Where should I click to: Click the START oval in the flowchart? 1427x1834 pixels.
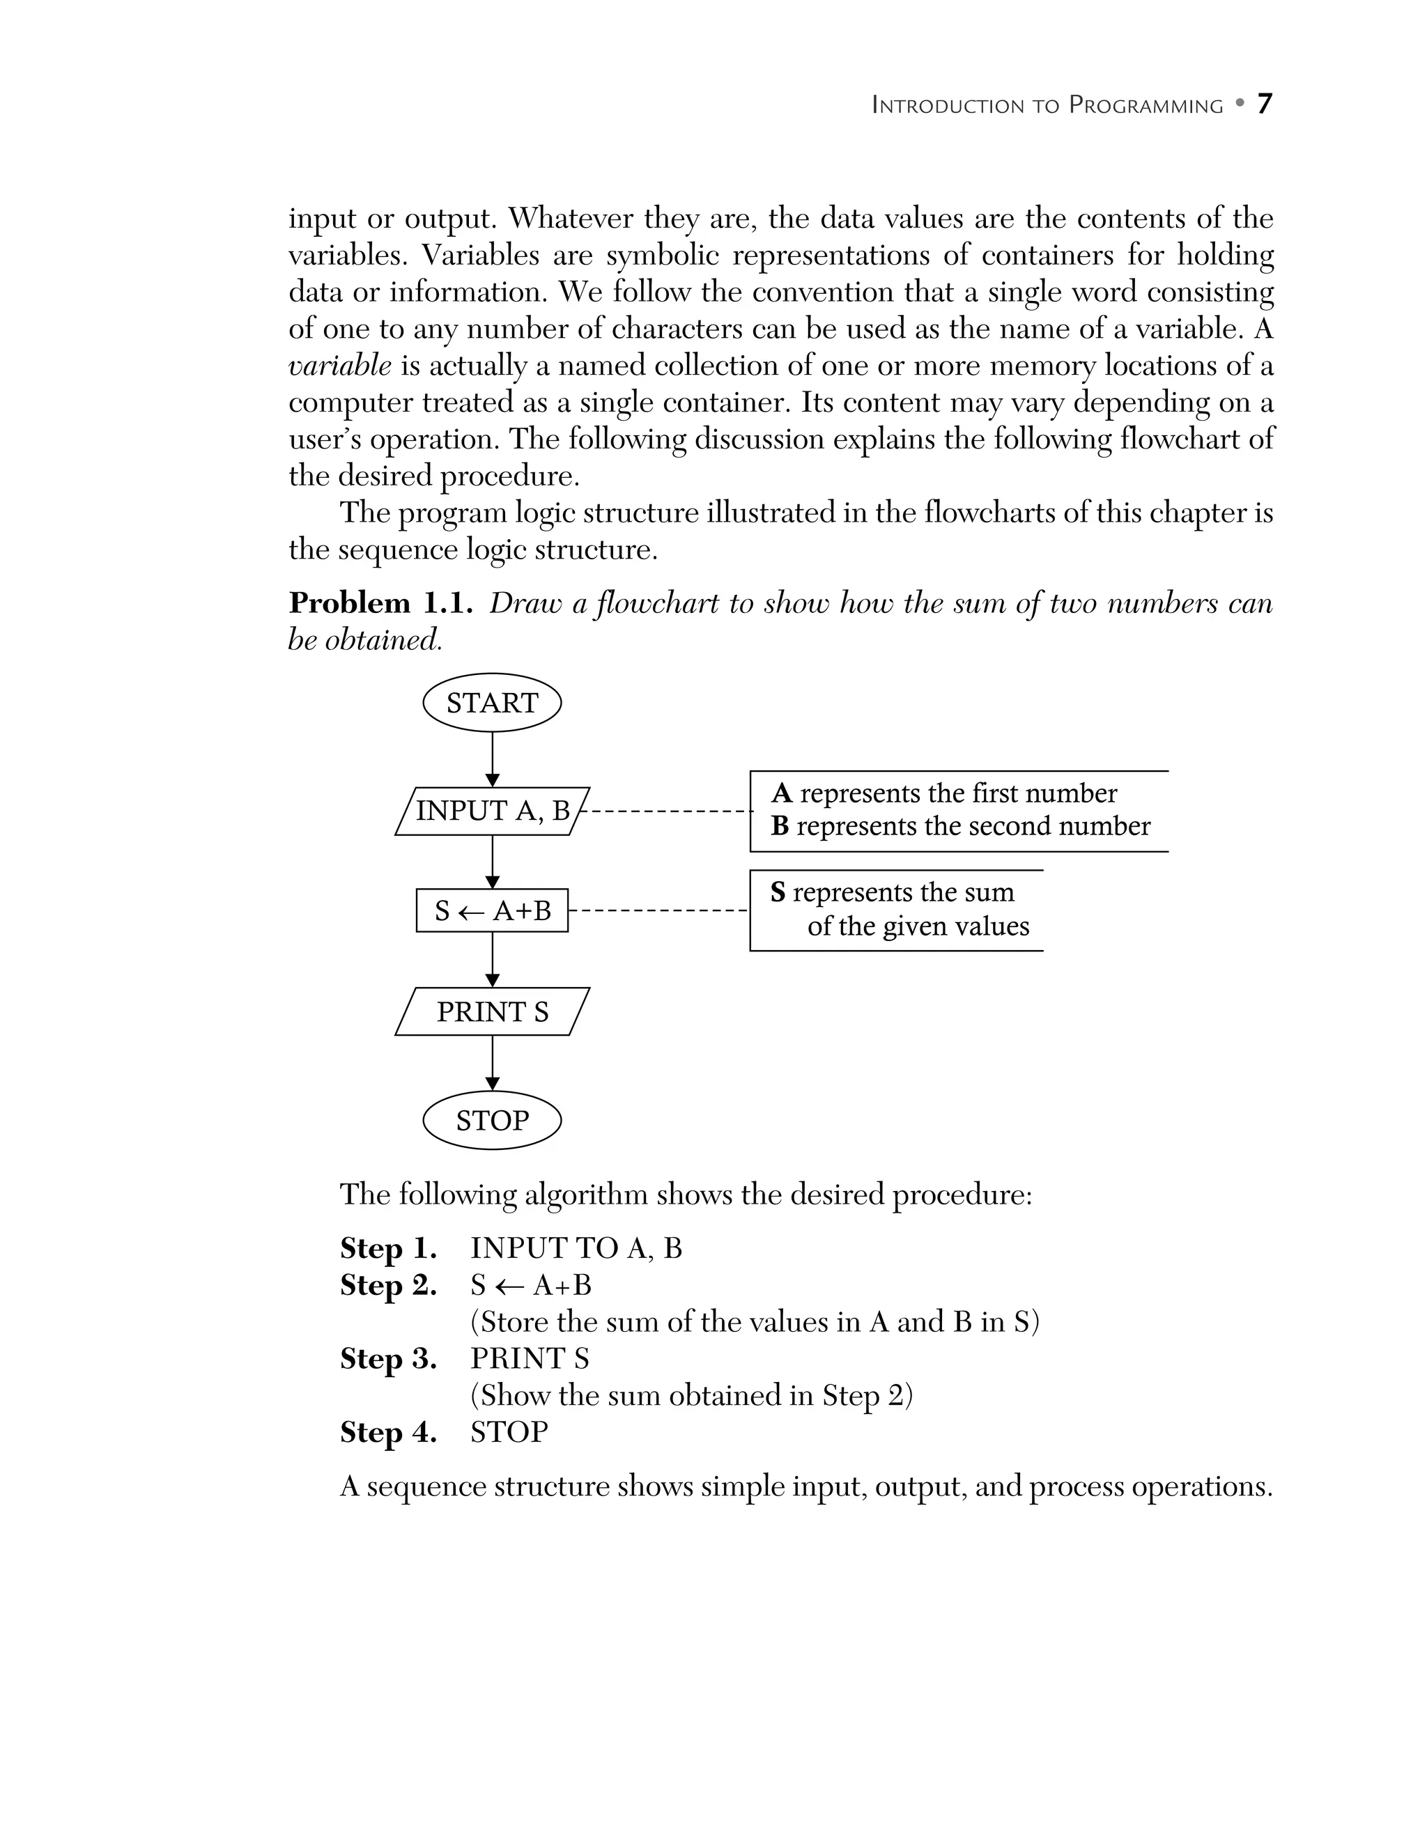pyautogui.click(x=492, y=703)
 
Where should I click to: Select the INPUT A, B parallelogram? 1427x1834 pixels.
pyautogui.click(x=492, y=811)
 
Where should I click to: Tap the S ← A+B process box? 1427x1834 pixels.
pyautogui.click(x=492, y=910)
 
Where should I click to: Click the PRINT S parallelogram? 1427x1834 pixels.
pyautogui.click(x=492, y=1012)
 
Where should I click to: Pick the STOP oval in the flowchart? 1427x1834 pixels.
pyautogui.click(x=492, y=1120)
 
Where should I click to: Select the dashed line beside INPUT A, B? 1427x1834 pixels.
pyautogui.click(x=668, y=811)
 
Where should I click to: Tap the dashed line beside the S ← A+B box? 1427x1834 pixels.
pyautogui.click(x=658, y=910)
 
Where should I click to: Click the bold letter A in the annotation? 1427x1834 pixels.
pyautogui.click(x=781, y=793)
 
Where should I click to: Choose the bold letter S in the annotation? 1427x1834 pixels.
pyautogui.click(x=778, y=893)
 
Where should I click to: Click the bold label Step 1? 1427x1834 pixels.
pyautogui.click(x=388, y=1249)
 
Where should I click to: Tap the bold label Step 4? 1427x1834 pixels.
pyautogui.click(x=388, y=1432)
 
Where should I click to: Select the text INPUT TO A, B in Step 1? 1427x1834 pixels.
pyautogui.click(x=576, y=1249)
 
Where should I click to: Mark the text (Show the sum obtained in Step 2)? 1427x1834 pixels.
pyautogui.click(x=691, y=1396)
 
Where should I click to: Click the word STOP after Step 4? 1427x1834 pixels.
pyautogui.click(x=509, y=1432)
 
